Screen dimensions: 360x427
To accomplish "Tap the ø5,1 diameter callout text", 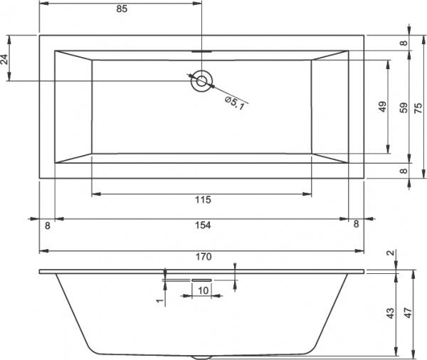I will (235, 103).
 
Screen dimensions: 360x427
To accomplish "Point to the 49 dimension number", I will (381, 107).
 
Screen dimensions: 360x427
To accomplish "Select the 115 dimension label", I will (202, 200).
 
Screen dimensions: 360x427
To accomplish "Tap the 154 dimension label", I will (202, 225).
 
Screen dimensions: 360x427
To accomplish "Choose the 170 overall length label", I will (202, 257).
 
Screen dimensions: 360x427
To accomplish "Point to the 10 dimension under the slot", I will (202, 290).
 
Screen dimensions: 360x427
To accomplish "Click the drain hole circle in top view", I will (202, 80).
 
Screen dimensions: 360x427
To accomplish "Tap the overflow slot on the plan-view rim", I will (202, 51).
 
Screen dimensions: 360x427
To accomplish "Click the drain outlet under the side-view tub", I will (202, 355).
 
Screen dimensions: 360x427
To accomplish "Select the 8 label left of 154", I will (47, 225).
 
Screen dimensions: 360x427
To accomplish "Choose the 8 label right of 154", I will (356, 225).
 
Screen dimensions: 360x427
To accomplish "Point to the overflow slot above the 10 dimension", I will (202, 280).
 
